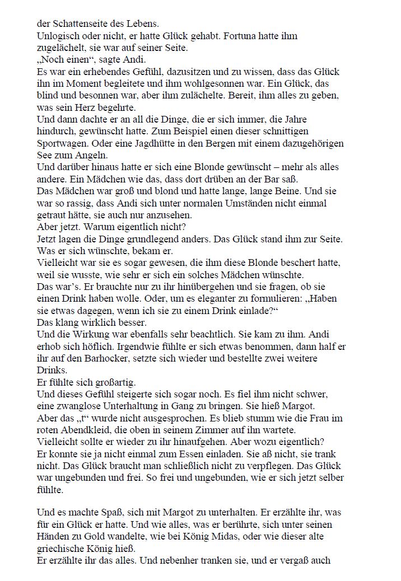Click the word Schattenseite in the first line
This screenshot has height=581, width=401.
tap(75, 24)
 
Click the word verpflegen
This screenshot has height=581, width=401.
tap(287, 466)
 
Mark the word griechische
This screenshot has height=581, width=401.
tap(61, 549)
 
